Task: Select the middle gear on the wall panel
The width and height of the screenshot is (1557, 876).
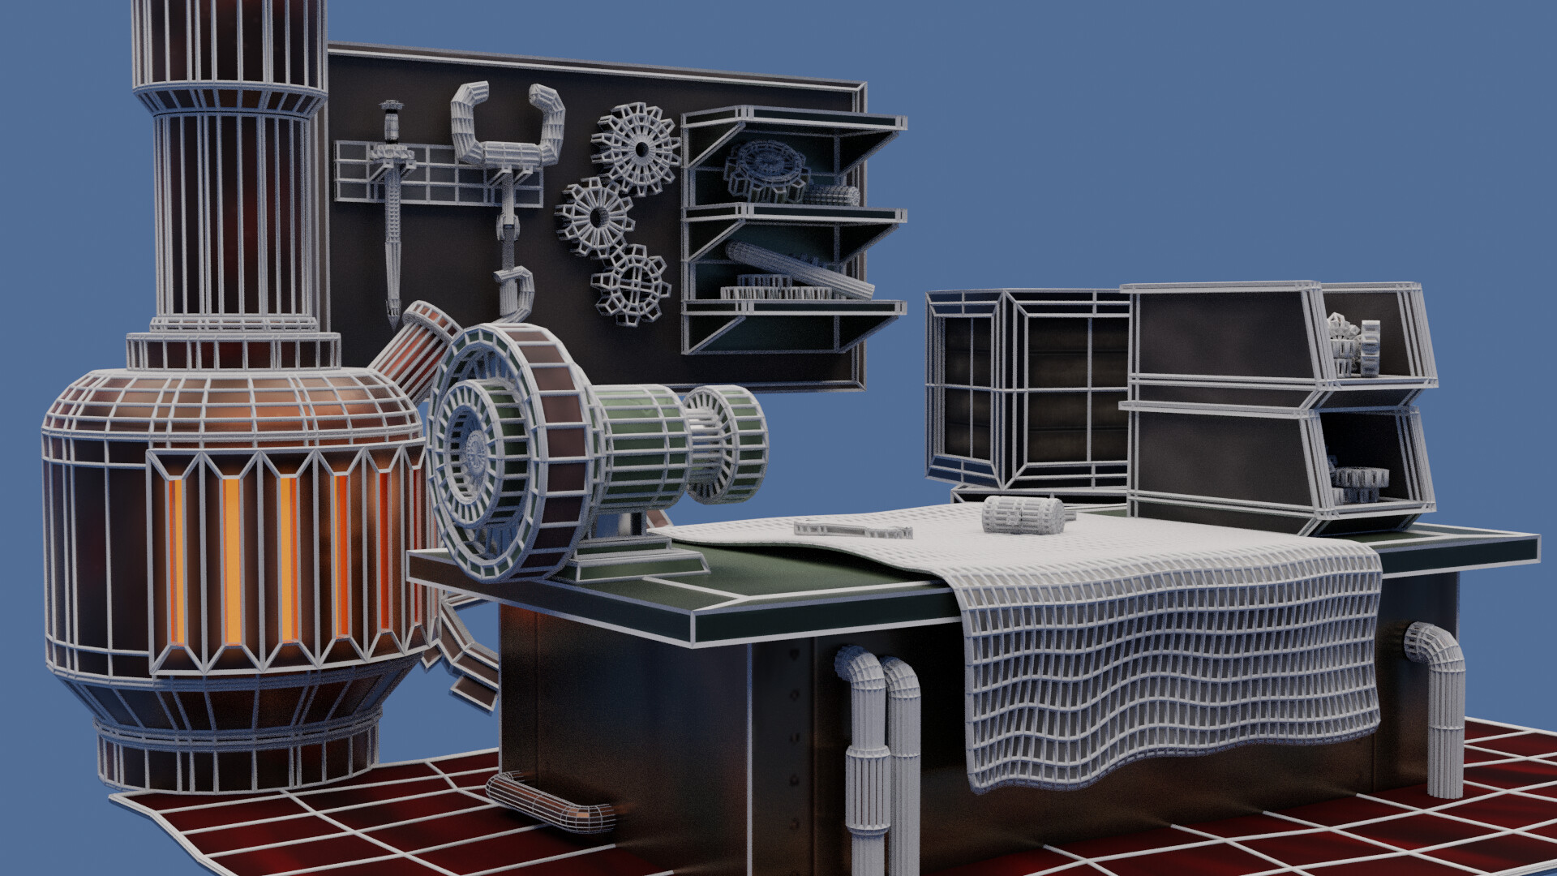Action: coord(595,217)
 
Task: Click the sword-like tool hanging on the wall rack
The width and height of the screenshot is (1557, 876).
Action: coord(393,203)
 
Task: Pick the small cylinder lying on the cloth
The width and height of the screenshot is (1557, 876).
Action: coord(1023,514)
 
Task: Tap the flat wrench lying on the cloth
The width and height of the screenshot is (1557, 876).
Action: coord(852,530)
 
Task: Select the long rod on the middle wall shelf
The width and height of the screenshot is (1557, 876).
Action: coord(799,268)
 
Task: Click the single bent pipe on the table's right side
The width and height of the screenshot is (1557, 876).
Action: coord(1439,706)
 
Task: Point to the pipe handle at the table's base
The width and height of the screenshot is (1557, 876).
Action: coord(551,803)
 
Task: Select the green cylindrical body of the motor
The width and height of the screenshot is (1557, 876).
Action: coord(641,446)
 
